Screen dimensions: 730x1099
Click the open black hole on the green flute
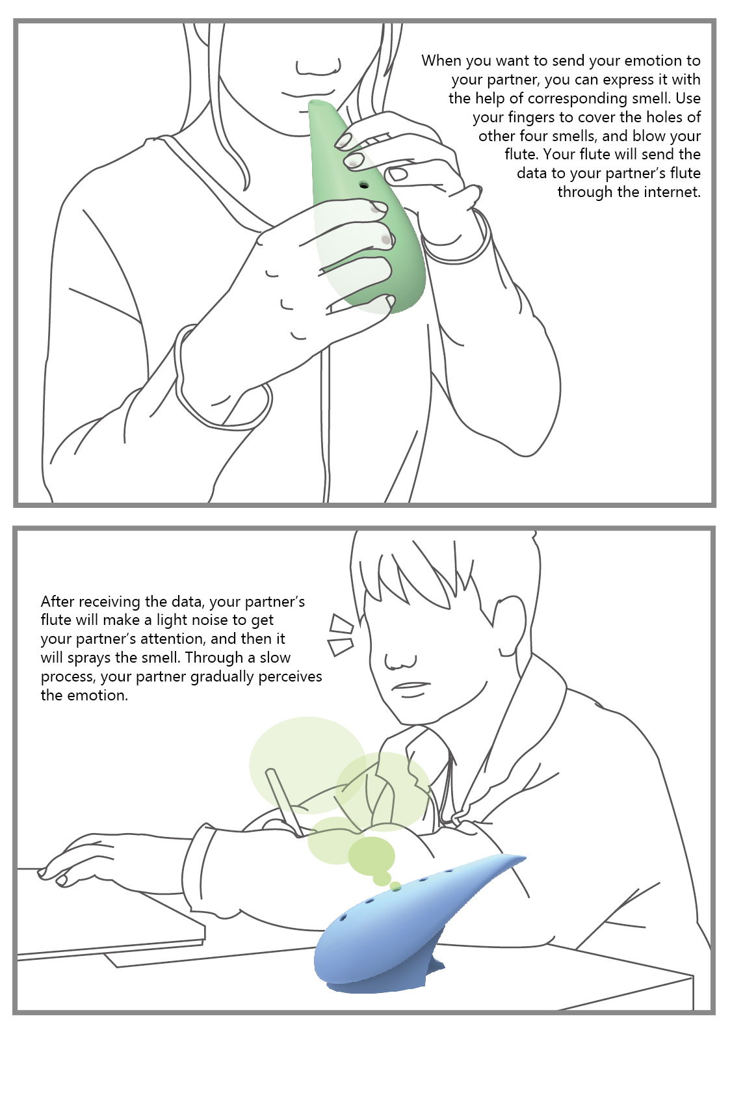tap(364, 185)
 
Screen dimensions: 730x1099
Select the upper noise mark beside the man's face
tap(341, 623)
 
